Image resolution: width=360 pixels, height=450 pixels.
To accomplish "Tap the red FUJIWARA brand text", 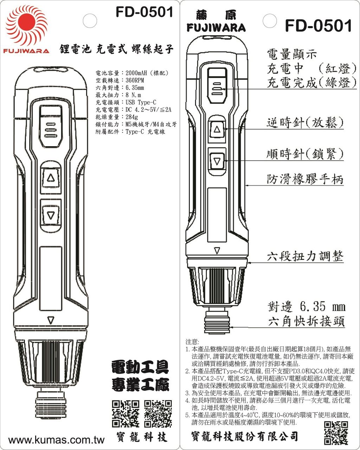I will pos(27,51).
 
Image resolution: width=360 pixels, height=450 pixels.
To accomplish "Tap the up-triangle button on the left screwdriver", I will pos(51,178).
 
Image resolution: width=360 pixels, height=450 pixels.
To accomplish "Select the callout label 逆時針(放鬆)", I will pos(304,123).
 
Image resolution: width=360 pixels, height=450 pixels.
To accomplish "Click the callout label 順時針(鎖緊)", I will pos(304,154).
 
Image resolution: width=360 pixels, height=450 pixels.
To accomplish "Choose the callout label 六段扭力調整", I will pos(304,256).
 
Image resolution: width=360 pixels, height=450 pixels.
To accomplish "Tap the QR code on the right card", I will pos(336,432).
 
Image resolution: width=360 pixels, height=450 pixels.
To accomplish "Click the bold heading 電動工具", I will pos(140,368).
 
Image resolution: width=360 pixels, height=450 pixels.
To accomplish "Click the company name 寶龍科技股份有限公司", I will pos(245,436).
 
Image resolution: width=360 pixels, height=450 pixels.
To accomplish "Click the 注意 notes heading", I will pos(192,342).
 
